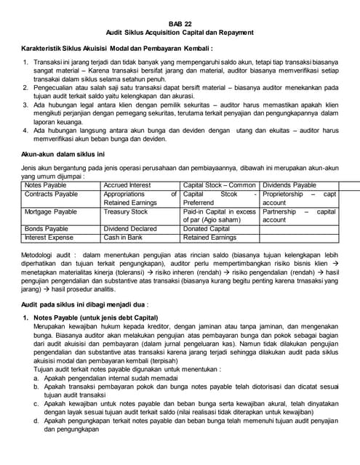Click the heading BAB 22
180,22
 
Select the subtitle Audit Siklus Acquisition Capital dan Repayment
180,32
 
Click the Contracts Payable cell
51,194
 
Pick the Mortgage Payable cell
50,211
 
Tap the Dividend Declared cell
130,229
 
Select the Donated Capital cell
210,229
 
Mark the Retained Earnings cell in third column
210,238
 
